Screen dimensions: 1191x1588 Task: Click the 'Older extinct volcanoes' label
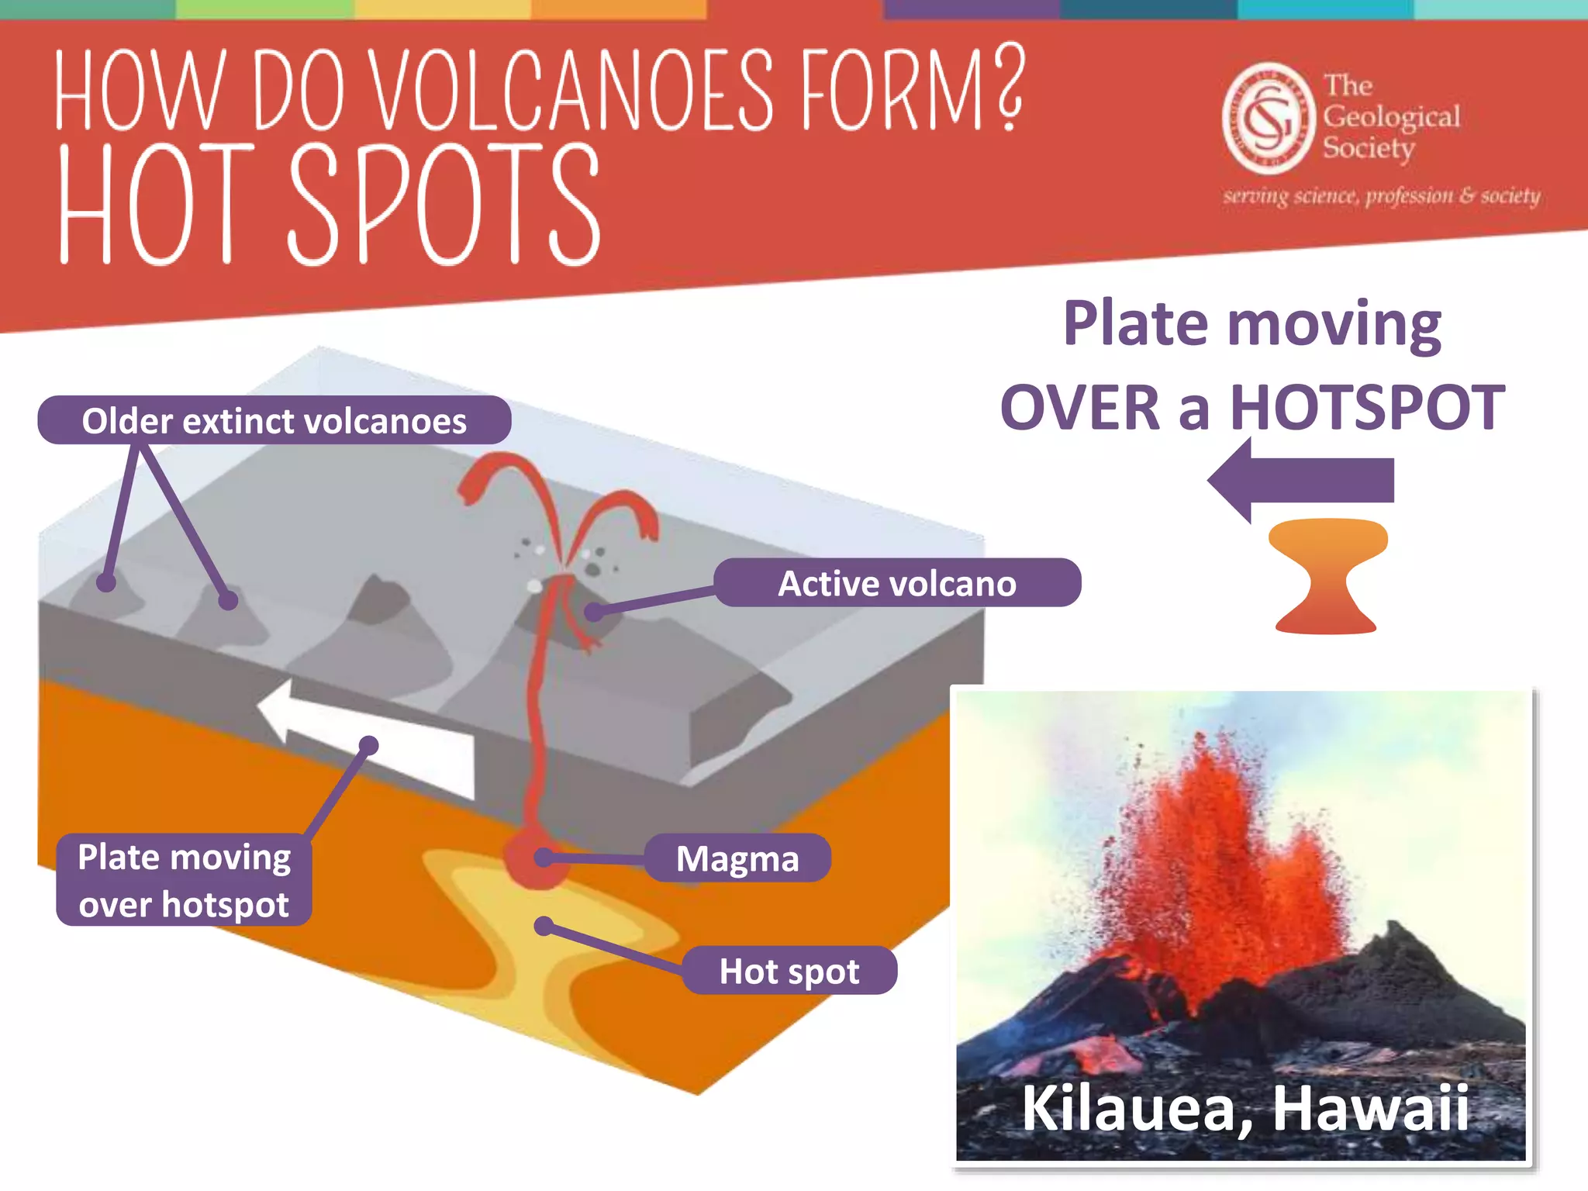click(x=274, y=420)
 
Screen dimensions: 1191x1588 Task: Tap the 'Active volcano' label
click(x=896, y=583)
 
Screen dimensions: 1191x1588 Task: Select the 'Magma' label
click(x=737, y=858)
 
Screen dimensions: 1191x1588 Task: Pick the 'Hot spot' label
click(x=789, y=971)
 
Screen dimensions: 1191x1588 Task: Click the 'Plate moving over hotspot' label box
click(x=184, y=880)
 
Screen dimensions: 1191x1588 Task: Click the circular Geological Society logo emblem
click(x=1269, y=119)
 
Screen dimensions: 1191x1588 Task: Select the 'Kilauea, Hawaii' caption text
click(x=1245, y=1107)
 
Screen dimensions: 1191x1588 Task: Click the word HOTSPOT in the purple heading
click(x=1367, y=408)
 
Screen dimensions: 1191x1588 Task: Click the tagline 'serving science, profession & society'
click(x=1381, y=196)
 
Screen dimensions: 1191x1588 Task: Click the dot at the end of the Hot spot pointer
click(x=544, y=926)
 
